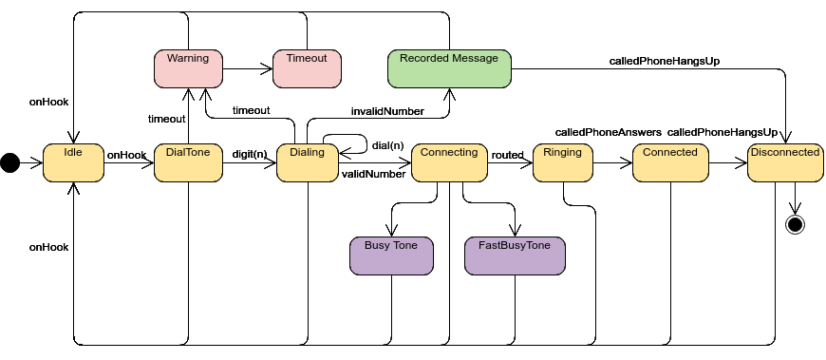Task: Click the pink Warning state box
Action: pyautogui.click(x=188, y=69)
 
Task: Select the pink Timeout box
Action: pyautogui.click(x=307, y=69)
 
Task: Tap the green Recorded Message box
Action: pyautogui.click(x=449, y=69)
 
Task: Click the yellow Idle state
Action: pyautogui.click(x=73, y=163)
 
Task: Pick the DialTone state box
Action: pyautogui.click(x=188, y=163)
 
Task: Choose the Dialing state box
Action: pyautogui.click(x=307, y=163)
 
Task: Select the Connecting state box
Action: pyautogui.click(x=449, y=163)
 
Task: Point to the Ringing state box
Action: pyautogui.click(x=563, y=163)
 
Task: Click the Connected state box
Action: pyautogui.click(x=670, y=163)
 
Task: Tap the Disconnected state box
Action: pyautogui.click(x=785, y=163)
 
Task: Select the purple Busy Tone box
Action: pyautogui.click(x=391, y=256)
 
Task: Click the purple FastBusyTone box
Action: pyautogui.click(x=515, y=256)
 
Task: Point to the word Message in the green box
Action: pyautogui.click(x=476, y=59)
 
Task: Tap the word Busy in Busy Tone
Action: pyautogui.click(x=377, y=246)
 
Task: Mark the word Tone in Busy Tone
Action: pyautogui.click(x=405, y=246)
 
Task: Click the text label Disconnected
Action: pyautogui.click(x=785, y=152)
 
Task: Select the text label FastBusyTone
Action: pyautogui.click(x=515, y=246)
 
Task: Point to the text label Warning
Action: pyautogui.click(x=188, y=59)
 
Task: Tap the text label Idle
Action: pyautogui.click(x=73, y=152)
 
